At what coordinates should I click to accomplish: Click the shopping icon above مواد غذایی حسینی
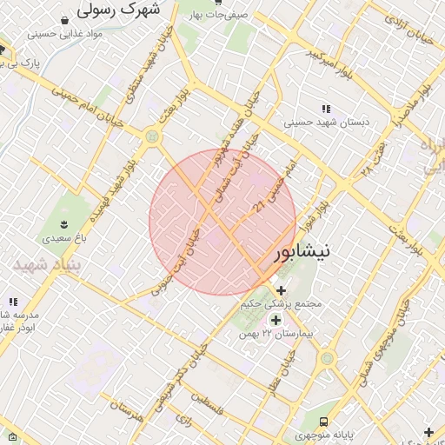(x=65, y=19)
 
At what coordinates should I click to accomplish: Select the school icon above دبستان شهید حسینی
(x=326, y=109)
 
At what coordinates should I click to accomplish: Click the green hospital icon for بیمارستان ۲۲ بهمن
(x=276, y=321)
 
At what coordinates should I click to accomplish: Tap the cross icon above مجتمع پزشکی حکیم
(x=281, y=290)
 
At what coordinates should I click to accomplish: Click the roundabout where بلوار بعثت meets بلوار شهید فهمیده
(x=153, y=136)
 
